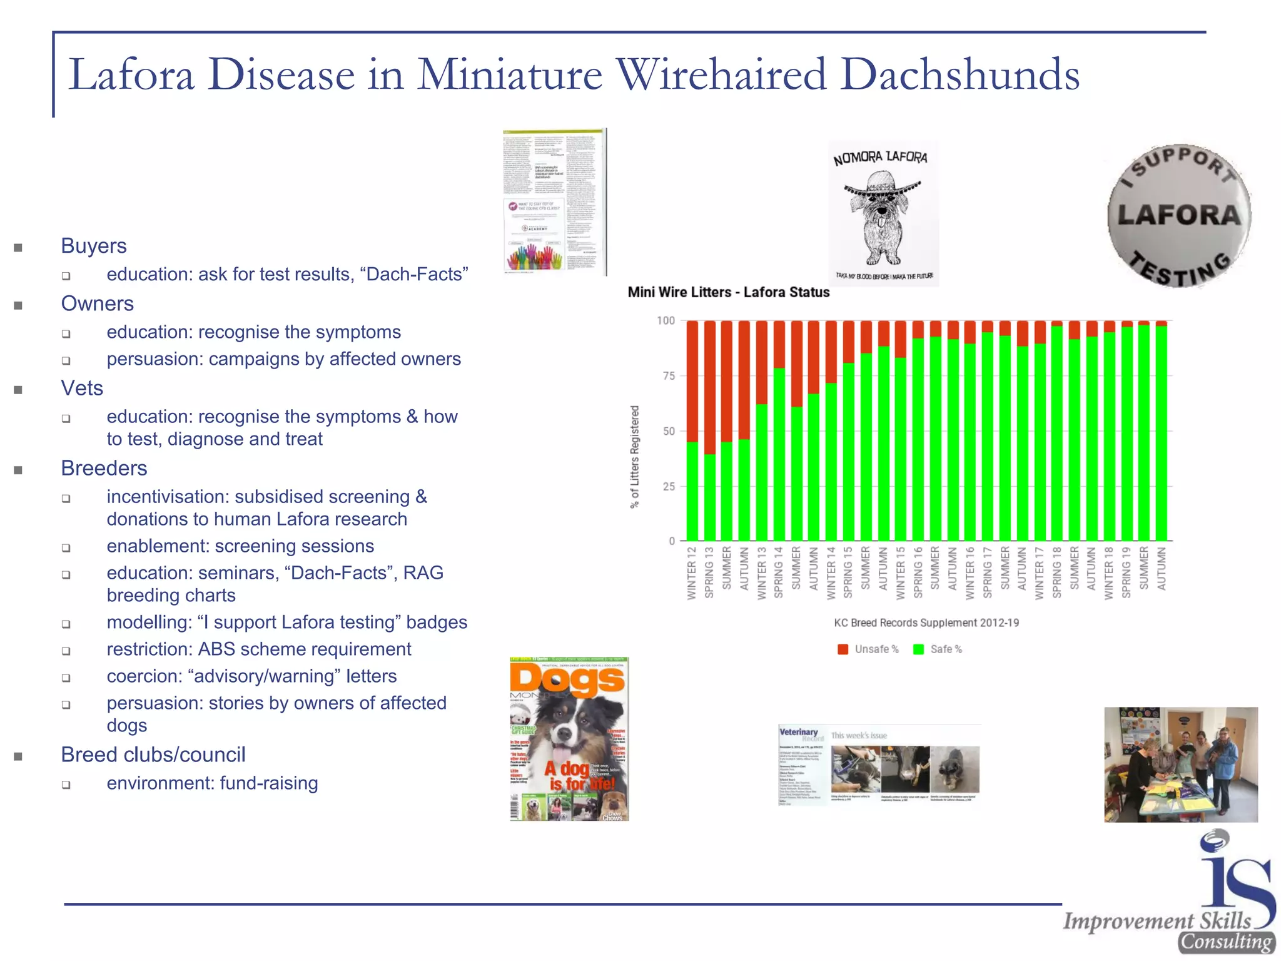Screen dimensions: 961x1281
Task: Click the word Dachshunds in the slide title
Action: [x=959, y=75]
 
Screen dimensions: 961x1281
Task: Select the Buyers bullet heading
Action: [x=94, y=246]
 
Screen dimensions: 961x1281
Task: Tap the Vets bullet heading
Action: [x=82, y=388]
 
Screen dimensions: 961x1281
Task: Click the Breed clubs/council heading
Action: [x=153, y=755]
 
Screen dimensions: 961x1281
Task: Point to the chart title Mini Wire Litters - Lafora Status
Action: [x=729, y=292]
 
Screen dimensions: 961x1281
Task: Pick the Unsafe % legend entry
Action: [x=869, y=649]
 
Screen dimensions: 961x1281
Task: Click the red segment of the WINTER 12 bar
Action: [x=692, y=382]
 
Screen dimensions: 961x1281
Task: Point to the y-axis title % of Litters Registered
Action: [x=635, y=457]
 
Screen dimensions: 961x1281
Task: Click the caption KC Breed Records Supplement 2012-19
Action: [x=926, y=623]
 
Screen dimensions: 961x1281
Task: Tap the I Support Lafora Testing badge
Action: [x=1179, y=216]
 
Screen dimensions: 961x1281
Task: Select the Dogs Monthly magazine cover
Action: [x=569, y=739]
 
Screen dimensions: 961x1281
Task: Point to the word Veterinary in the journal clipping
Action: [x=799, y=732]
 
